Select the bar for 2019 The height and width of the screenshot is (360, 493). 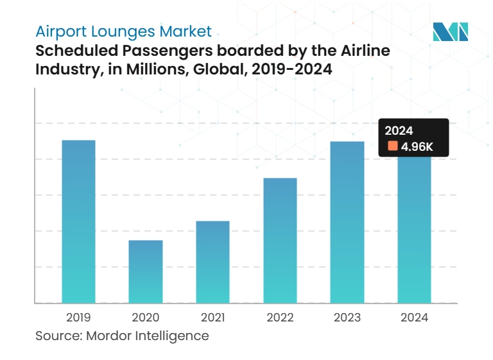[x=78, y=221]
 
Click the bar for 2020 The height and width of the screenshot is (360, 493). [x=145, y=271]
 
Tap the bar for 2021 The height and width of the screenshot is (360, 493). [x=212, y=262]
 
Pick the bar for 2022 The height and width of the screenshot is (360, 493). [x=280, y=240]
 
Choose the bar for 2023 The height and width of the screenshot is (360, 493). [x=347, y=222]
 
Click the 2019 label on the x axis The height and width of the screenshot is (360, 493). [x=78, y=317]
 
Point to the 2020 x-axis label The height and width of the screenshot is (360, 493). [x=145, y=317]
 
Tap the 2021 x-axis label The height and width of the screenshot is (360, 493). [x=212, y=317]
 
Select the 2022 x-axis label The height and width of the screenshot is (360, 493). [x=280, y=317]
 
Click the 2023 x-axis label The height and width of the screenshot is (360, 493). [x=347, y=317]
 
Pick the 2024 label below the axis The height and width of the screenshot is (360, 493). [x=414, y=317]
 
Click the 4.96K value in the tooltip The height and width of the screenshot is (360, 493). [x=417, y=147]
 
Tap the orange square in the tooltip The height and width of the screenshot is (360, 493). [x=392, y=146]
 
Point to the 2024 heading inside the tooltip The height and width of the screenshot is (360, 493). [x=399, y=131]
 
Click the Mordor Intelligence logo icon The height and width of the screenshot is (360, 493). [x=450, y=31]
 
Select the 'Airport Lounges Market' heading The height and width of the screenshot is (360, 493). [x=123, y=31]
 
